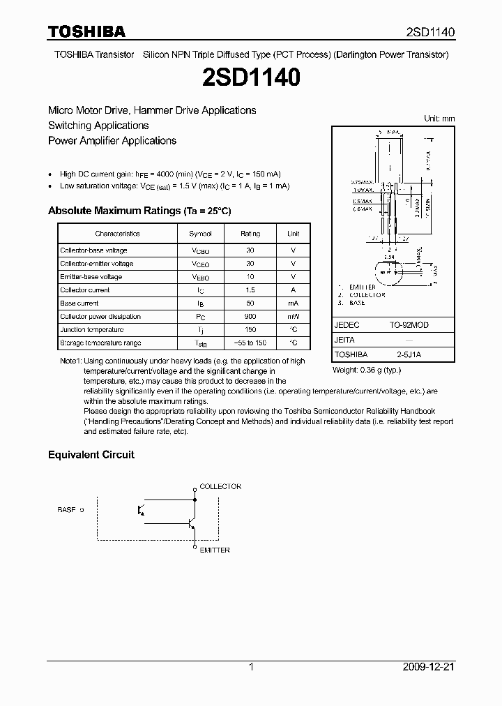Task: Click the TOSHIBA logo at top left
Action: [86, 31]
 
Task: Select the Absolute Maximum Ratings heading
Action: [139, 211]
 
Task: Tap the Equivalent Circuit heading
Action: [91, 454]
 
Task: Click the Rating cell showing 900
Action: [250, 317]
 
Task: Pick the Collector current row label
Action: [85, 290]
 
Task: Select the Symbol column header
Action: [200, 234]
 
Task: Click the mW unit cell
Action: [294, 317]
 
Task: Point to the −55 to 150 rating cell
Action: [250, 343]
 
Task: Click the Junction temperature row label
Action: [92, 330]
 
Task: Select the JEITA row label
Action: [345, 340]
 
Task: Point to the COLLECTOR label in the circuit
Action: [220, 486]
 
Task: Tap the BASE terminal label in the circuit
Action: [66, 510]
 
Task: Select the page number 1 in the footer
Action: [251, 667]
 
